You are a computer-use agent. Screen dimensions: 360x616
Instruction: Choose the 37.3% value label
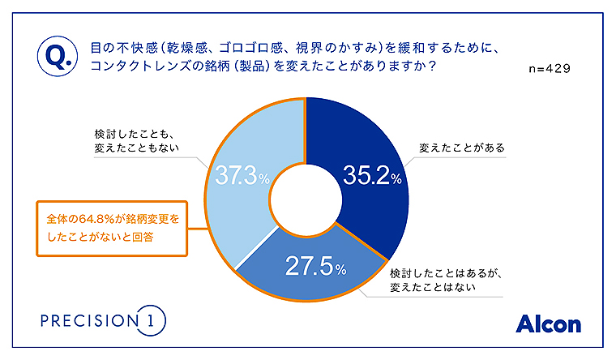242,174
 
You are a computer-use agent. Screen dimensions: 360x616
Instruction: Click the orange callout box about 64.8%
110,229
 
